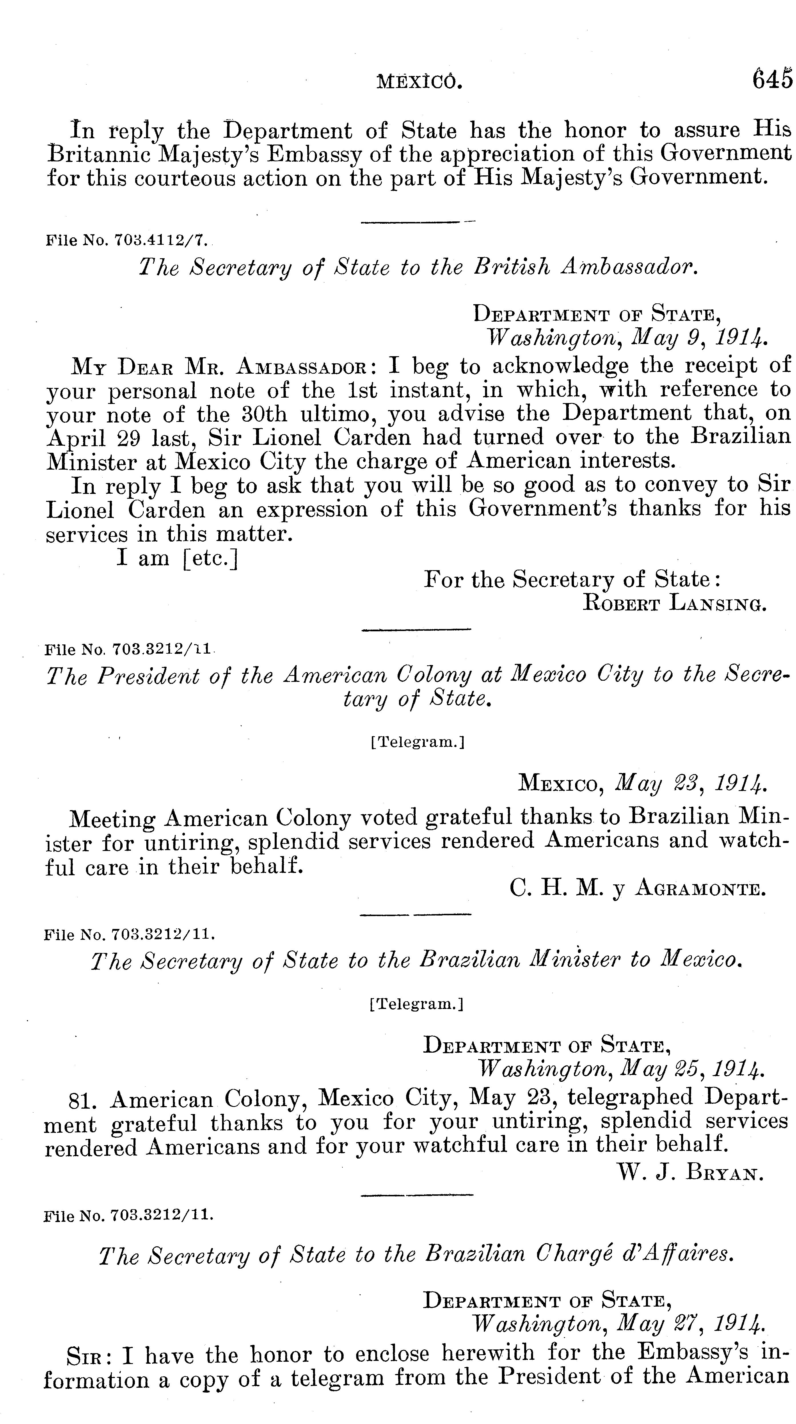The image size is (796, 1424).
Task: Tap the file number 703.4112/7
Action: [x=160, y=240]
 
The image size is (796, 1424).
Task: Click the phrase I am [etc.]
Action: [x=177, y=558]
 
